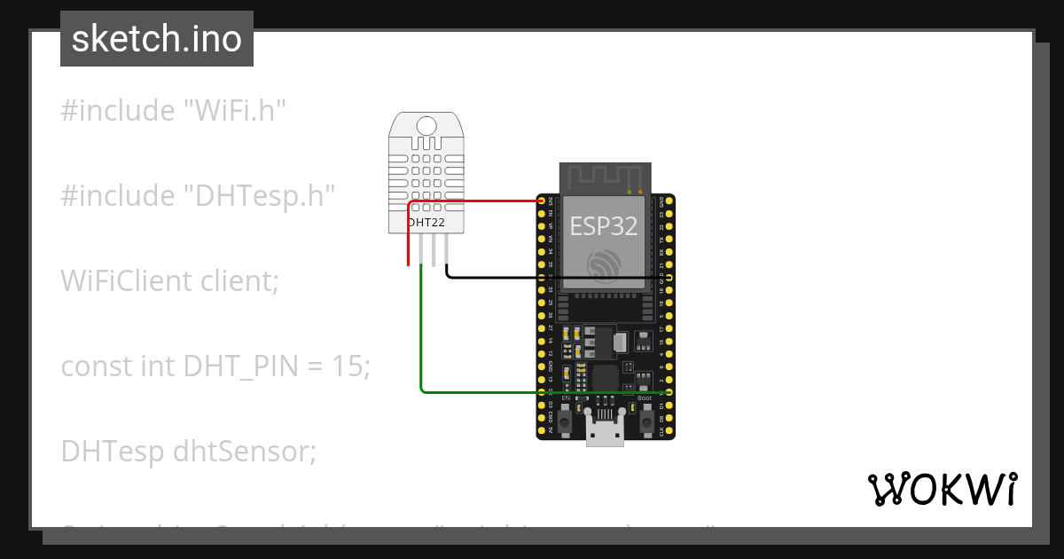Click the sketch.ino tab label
156,39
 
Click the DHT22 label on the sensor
425,222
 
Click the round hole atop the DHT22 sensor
426,126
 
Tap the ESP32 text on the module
603,226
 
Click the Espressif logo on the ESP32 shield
605,264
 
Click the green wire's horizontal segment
541,391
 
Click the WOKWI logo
942,489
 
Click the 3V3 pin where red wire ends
542,202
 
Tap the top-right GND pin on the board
669,202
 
